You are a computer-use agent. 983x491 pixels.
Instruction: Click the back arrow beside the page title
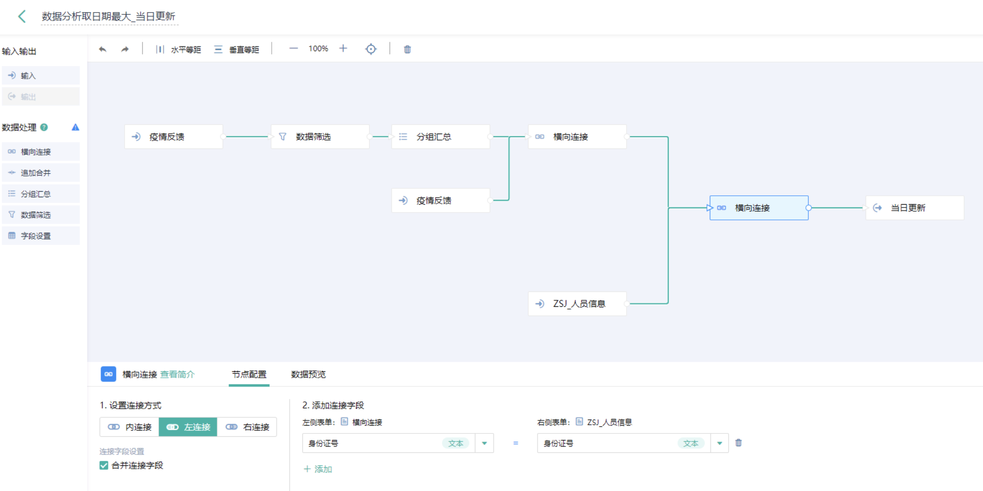coord(22,17)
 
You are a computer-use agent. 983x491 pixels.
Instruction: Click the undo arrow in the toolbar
coord(102,49)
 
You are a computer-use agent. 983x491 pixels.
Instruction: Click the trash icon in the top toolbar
coord(407,49)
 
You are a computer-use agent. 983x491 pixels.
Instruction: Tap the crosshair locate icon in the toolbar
coord(371,49)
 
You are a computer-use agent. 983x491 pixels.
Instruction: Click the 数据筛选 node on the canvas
coord(320,137)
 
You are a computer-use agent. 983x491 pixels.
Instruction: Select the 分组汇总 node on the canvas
coord(440,137)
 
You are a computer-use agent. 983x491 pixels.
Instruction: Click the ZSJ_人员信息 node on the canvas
coord(577,304)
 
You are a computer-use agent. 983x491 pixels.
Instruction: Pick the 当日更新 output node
coord(914,208)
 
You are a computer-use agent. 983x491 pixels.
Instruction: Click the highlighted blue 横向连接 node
coord(759,208)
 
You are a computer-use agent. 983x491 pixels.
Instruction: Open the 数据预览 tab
coord(308,375)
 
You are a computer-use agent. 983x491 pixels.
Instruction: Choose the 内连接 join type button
coord(130,427)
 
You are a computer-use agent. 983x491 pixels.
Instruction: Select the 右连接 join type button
coord(248,427)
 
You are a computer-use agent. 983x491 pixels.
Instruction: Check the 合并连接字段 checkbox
coord(104,465)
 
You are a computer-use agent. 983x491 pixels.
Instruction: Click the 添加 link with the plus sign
coord(318,469)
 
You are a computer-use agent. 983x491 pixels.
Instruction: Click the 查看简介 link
coord(178,375)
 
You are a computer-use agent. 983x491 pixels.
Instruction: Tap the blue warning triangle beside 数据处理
coord(75,127)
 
